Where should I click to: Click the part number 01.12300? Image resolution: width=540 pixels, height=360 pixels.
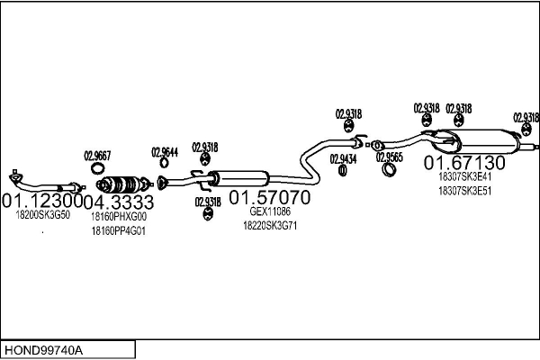coord(41,200)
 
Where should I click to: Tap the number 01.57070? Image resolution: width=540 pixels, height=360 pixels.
coord(269,196)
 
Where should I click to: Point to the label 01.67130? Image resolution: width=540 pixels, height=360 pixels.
coord(465,163)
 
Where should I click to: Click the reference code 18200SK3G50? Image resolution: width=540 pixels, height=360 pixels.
coord(42,216)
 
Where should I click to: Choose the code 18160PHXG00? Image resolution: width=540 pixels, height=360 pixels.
coord(118,216)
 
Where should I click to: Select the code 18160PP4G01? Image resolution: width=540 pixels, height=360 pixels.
coord(118,231)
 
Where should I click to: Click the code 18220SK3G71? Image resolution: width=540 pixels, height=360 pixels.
coord(270,226)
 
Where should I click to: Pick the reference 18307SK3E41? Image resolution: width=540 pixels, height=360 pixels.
coord(464,177)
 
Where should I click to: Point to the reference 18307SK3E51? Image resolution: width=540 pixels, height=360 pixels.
coord(464,191)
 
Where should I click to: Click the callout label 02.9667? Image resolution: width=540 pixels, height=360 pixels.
coord(97,154)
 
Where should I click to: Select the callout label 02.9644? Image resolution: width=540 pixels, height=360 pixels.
coord(165,151)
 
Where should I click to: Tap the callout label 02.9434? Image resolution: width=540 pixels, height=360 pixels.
coord(343,158)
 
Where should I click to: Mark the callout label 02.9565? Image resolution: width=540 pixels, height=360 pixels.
coord(389,156)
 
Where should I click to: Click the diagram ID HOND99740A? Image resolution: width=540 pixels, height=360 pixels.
coord(43,348)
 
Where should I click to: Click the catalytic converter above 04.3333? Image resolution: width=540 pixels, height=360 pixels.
coord(121,183)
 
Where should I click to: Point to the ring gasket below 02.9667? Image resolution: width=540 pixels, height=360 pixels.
coord(97,168)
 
